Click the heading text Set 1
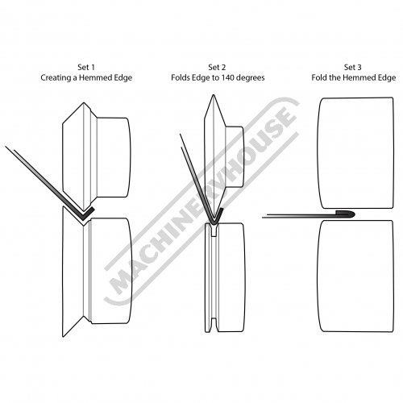(x=86, y=67)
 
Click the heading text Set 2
(x=217, y=67)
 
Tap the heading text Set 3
(x=353, y=67)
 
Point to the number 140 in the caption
(x=227, y=77)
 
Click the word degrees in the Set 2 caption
(x=250, y=78)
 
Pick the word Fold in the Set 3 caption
(x=318, y=77)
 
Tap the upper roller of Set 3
(x=355, y=153)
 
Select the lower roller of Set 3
(x=355, y=276)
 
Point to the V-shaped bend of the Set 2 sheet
(x=214, y=220)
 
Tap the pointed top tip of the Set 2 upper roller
(x=214, y=95)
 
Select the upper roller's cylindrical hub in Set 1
(x=114, y=157)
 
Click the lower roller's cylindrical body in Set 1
(x=111, y=271)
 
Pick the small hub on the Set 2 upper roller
(x=235, y=157)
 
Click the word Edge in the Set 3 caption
(x=387, y=78)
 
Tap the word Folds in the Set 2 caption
(x=181, y=77)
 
